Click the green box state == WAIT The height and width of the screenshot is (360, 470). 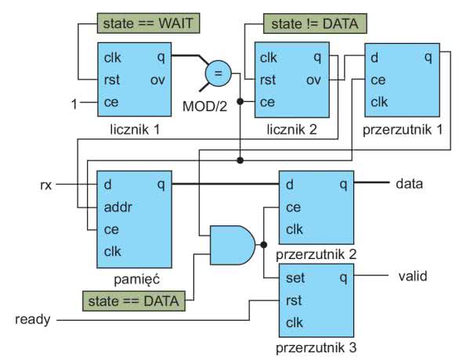[148, 23]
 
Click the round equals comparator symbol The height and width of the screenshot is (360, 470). [218, 75]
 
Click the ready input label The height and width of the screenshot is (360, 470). [34, 319]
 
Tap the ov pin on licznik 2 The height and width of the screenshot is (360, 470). [316, 79]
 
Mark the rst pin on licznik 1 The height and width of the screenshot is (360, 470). [110, 79]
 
